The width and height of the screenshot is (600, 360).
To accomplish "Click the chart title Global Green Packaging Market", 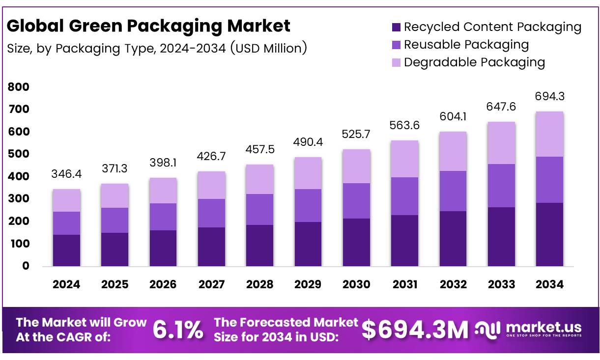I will click(x=148, y=26).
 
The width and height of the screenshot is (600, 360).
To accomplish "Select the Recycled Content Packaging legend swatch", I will click(x=396, y=28).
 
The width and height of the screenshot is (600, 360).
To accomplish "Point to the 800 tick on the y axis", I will click(x=19, y=87).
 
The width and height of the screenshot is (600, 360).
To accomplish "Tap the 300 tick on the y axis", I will click(x=19, y=199).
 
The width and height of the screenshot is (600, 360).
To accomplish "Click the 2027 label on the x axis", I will click(x=211, y=284).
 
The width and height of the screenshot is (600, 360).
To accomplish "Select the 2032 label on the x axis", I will click(x=453, y=284).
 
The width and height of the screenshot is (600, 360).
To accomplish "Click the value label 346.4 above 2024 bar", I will click(x=66, y=175).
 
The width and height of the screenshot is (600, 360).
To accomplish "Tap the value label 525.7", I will click(x=356, y=135).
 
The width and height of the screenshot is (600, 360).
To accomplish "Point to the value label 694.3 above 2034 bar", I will click(x=550, y=96).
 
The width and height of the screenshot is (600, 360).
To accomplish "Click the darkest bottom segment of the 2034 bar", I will click(x=549, y=234).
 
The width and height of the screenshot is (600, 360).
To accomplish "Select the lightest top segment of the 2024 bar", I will click(x=66, y=200).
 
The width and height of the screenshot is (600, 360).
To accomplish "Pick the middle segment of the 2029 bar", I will click(x=308, y=205).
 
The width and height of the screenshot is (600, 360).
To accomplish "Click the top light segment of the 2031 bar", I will click(x=404, y=159).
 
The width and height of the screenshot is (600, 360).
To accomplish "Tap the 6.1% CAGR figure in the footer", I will click(x=177, y=330).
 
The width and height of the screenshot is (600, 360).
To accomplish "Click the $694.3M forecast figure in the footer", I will click(x=415, y=330).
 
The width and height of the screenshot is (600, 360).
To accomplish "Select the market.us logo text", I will click(x=543, y=328).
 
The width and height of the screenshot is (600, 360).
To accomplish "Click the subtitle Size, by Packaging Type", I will click(x=156, y=49).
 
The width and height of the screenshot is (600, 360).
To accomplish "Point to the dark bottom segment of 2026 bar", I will click(x=163, y=248).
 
